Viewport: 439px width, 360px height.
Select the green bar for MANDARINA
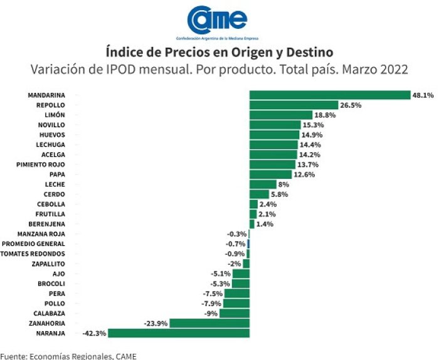click(x=330, y=95)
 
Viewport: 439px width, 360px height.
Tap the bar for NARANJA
click(x=179, y=333)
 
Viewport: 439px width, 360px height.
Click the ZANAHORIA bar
click(x=209, y=324)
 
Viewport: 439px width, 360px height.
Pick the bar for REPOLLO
click(x=294, y=105)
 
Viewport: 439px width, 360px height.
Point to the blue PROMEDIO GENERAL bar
click(x=248, y=244)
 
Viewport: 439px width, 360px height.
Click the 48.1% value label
click(x=423, y=95)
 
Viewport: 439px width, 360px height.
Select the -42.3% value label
click(x=94, y=333)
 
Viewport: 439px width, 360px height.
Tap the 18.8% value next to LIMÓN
click(x=325, y=115)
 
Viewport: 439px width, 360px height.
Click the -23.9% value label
click(x=156, y=324)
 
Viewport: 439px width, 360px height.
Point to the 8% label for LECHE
click(x=283, y=184)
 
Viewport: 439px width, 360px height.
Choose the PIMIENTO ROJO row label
click(x=41, y=164)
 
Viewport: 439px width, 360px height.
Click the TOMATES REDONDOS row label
click(x=33, y=254)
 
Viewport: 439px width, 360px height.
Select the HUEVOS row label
click(x=52, y=135)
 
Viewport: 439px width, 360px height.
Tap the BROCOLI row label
click(x=51, y=283)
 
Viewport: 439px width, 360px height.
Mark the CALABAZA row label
click(x=50, y=314)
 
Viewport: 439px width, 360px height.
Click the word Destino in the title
click(x=310, y=52)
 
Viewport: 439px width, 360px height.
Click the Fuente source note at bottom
click(x=68, y=356)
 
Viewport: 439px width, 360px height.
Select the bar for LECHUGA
click(x=273, y=145)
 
